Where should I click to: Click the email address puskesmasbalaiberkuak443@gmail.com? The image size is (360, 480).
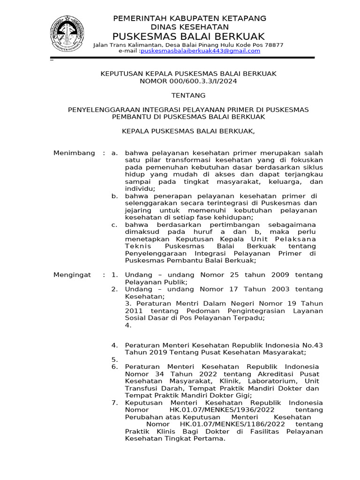(x=200, y=51)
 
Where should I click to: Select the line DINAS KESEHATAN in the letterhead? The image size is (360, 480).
(x=189, y=27)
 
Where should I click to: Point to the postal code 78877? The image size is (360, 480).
(x=274, y=45)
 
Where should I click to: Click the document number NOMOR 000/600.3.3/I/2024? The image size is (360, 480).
(x=189, y=81)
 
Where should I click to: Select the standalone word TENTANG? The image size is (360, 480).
(x=188, y=95)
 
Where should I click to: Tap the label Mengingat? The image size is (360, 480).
(x=73, y=275)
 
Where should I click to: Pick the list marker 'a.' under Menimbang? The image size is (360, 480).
(x=114, y=153)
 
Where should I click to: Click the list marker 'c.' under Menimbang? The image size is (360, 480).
(x=114, y=225)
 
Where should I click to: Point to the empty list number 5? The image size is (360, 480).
(x=114, y=360)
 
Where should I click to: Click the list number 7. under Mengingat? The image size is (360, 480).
(x=114, y=403)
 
